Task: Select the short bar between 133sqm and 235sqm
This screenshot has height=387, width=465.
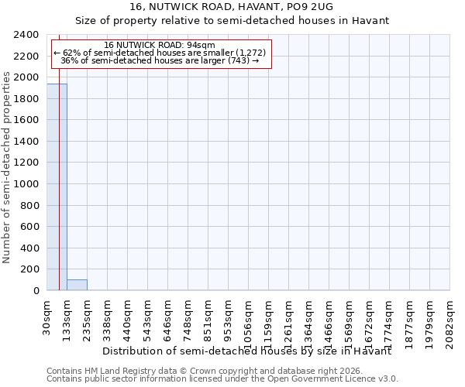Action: tap(77, 285)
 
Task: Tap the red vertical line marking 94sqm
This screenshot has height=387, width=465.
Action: tap(59, 193)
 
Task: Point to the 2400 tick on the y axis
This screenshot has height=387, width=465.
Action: tap(28, 35)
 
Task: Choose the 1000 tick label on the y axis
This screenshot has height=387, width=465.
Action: tap(28, 184)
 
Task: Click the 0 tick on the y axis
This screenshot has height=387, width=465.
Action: tap(36, 291)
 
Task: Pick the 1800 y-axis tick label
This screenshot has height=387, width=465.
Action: tap(28, 99)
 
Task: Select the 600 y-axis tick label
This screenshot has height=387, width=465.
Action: tap(31, 227)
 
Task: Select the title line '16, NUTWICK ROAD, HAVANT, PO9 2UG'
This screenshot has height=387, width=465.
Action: tap(232, 7)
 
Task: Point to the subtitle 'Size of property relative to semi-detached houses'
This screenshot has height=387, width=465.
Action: tap(232, 20)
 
